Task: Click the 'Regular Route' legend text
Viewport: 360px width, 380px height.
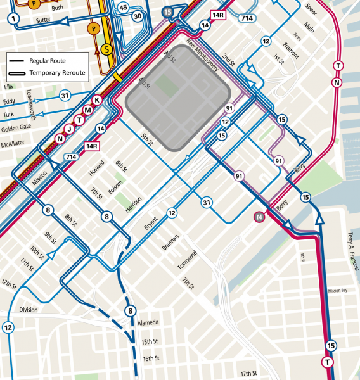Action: (48, 60)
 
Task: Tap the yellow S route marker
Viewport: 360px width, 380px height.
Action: (106, 48)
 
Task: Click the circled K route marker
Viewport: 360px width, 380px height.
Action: (97, 100)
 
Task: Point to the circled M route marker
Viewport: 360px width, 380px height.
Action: (88, 110)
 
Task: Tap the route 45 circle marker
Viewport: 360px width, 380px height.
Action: (122, 7)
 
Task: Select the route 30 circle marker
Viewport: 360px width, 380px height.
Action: (137, 16)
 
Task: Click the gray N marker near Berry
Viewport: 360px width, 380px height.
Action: (259, 217)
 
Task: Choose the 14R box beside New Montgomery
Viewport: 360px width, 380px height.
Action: (219, 15)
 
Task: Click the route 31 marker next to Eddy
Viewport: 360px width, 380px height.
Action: (64, 96)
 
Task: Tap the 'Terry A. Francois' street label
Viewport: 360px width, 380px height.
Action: (350, 251)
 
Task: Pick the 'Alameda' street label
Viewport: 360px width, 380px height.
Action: (148, 323)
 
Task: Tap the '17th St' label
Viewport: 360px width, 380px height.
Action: (248, 373)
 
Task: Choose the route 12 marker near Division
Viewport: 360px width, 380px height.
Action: (8, 327)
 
